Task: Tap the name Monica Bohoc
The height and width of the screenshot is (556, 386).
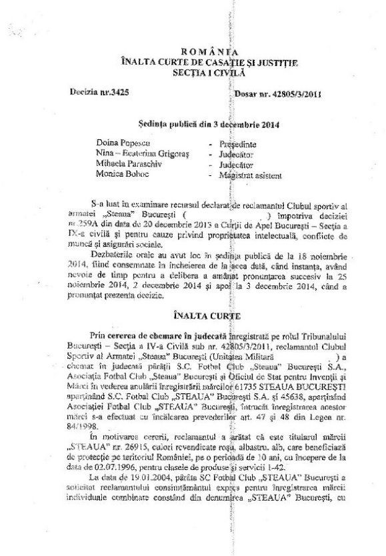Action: pyautogui.click(x=118, y=175)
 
